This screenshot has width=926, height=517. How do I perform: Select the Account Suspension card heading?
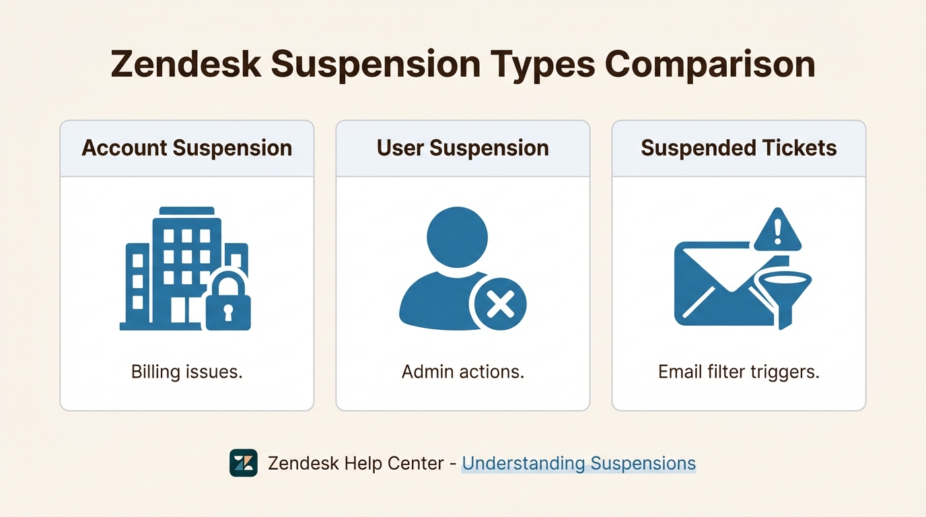point(187,148)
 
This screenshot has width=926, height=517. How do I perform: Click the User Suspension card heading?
point(463,148)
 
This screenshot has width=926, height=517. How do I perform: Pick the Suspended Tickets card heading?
point(739,148)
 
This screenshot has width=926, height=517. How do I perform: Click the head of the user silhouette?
point(457,236)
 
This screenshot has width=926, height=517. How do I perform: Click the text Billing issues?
point(187,372)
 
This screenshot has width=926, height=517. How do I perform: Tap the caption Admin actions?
point(463,372)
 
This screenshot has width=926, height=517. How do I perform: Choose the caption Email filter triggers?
point(739,372)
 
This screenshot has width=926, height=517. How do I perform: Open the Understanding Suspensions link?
point(579,463)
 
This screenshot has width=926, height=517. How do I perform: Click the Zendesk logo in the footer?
point(244,463)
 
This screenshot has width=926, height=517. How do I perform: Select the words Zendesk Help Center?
point(356,463)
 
